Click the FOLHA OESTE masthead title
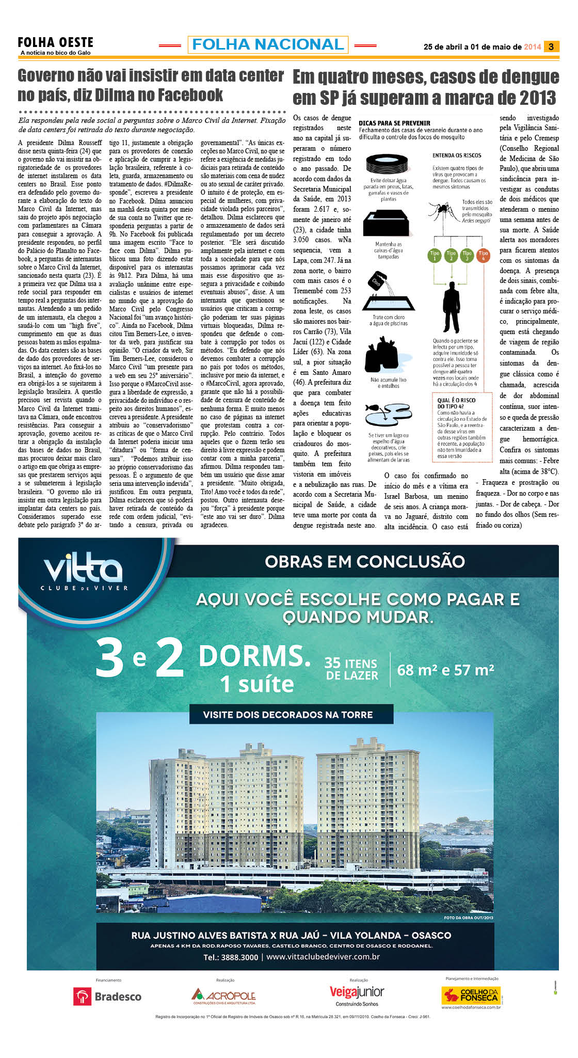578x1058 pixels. pos(55,42)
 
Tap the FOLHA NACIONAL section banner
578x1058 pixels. pos(268,45)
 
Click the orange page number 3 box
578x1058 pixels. pos(551,46)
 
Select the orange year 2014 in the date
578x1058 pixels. pos(532,47)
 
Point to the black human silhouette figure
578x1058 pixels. pos(451,307)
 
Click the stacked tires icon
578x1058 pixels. pos(388,164)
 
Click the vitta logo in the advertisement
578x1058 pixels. pos(83,571)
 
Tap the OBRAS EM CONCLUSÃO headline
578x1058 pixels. pos(365,561)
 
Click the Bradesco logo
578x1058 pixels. pos(107,997)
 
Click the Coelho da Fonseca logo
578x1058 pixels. pos(471,996)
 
